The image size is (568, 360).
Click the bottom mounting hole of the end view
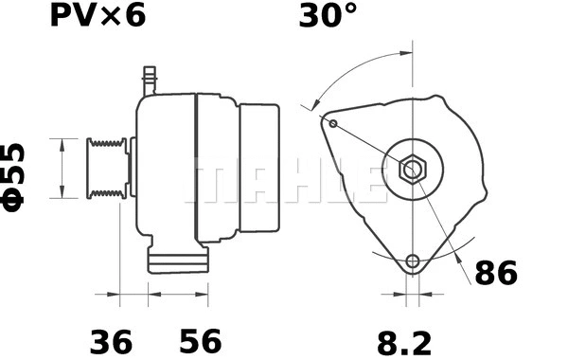point(411,262)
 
